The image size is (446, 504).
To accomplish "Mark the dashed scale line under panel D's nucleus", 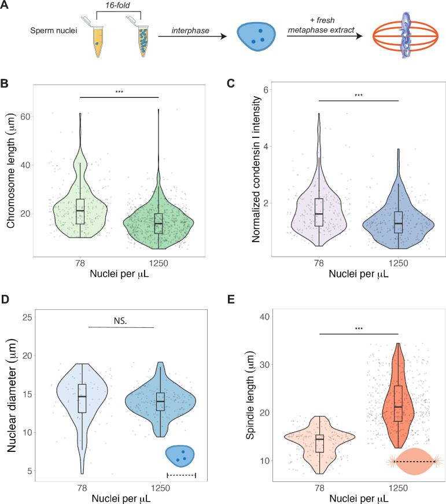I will [x=181, y=476].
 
